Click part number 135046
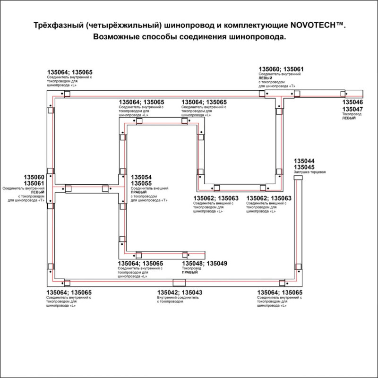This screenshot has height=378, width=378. coord(353,103)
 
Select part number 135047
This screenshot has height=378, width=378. coord(353,109)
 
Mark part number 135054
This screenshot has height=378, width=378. coord(141,177)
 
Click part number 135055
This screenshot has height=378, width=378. coord(141,183)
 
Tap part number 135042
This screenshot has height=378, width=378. coord(168,293)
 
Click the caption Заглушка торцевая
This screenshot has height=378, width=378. coord(310,172)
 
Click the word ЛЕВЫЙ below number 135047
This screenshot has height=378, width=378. coord(349,118)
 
